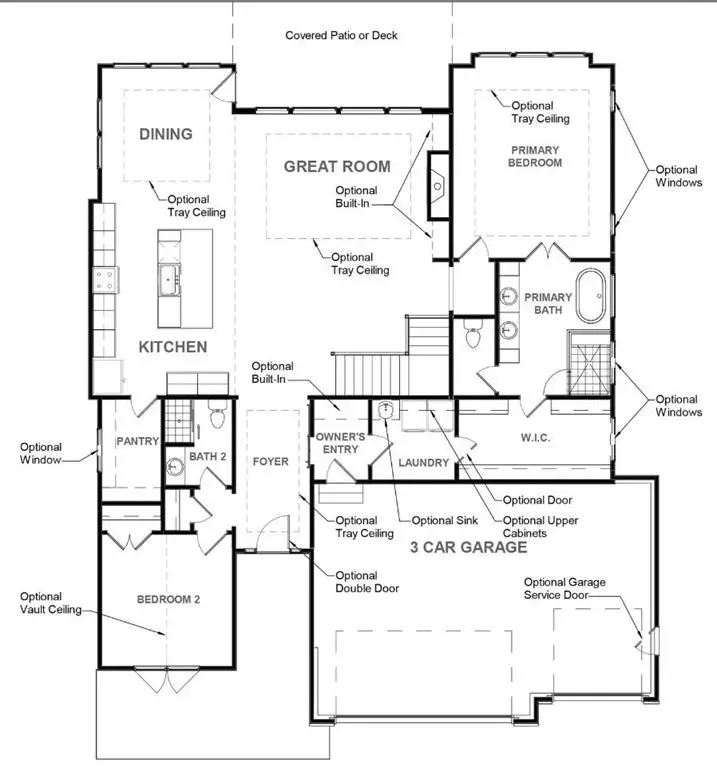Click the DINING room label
coord(166,134)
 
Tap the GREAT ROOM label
coord(337,166)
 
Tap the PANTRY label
coord(138,441)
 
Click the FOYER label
coord(270,462)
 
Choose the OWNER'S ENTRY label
coord(337,443)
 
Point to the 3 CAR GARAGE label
coord(468,547)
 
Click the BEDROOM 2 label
coord(169,600)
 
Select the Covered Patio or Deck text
coord(341,35)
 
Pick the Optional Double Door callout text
coord(367,582)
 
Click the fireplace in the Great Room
coord(438,184)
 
